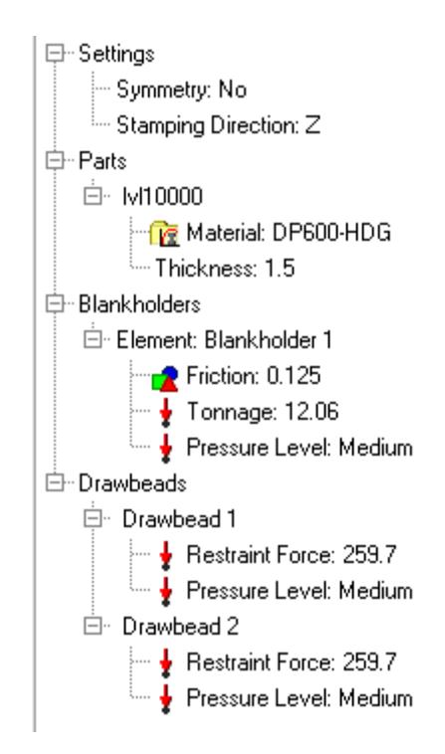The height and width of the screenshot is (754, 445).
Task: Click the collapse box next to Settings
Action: (55, 53)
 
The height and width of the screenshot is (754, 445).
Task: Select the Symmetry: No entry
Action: (181, 90)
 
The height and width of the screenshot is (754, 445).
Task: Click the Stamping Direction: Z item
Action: (218, 125)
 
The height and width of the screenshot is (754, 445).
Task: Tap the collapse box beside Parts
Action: (55, 160)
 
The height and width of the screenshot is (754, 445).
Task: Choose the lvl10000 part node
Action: (162, 196)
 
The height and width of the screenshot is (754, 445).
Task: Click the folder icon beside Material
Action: (164, 233)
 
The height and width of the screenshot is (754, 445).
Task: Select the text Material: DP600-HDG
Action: (289, 232)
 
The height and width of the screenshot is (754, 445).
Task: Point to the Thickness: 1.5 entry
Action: (225, 268)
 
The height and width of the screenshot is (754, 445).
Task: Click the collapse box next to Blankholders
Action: (55, 304)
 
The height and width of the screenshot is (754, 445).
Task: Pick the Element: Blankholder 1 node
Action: (224, 340)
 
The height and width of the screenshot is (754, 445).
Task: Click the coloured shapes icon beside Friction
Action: (165, 378)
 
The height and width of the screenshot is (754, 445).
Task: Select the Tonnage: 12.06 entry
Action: (263, 411)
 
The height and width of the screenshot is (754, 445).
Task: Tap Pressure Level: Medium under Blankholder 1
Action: (300, 448)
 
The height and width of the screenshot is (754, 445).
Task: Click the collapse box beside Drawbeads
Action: (55, 482)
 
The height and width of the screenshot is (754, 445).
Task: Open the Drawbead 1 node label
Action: (179, 519)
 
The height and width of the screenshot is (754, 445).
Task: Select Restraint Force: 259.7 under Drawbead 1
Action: (291, 554)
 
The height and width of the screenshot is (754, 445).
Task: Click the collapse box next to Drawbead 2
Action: (93, 626)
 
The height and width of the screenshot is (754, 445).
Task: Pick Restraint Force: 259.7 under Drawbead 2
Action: (291, 661)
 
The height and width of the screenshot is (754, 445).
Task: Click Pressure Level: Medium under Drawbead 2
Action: (300, 697)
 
